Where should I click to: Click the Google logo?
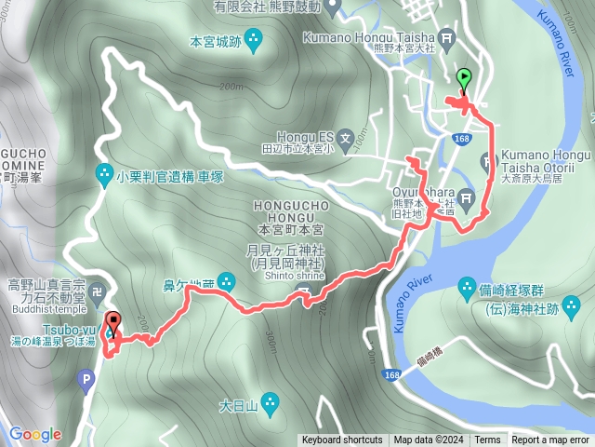[35, 434]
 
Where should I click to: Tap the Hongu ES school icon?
[345, 141]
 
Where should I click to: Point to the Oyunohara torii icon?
[468, 197]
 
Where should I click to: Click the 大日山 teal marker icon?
[270, 402]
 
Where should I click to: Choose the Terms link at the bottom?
[487, 440]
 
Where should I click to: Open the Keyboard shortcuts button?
[341, 440]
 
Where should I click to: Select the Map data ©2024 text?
[428, 440]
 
